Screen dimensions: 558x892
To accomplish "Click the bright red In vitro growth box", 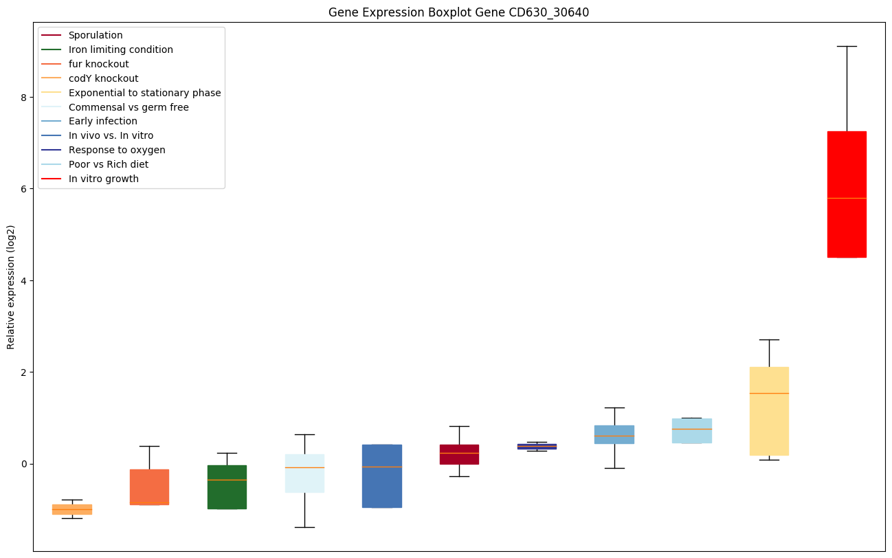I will (x=846, y=194).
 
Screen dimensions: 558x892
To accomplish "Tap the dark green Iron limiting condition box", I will (x=227, y=487).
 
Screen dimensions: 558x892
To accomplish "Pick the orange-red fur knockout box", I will (x=149, y=487).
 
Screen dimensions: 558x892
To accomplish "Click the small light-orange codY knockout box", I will (x=72, y=509).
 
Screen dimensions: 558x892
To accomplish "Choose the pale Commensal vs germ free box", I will (x=304, y=473).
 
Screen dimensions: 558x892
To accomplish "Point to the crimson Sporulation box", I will (x=459, y=454).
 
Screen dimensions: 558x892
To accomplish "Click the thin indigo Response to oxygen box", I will (x=537, y=446).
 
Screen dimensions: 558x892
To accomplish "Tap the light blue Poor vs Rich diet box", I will (x=691, y=431).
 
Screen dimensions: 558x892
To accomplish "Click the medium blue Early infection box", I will (x=614, y=434).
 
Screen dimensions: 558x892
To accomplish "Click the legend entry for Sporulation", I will (x=96, y=35).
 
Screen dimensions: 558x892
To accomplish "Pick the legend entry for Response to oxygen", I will (x=117, y=150).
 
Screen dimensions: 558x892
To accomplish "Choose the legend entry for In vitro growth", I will (x=104, y=179).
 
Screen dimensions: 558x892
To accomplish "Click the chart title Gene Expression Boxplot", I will (x=458, y=12).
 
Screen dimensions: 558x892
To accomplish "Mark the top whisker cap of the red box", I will (x=846, y=46).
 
